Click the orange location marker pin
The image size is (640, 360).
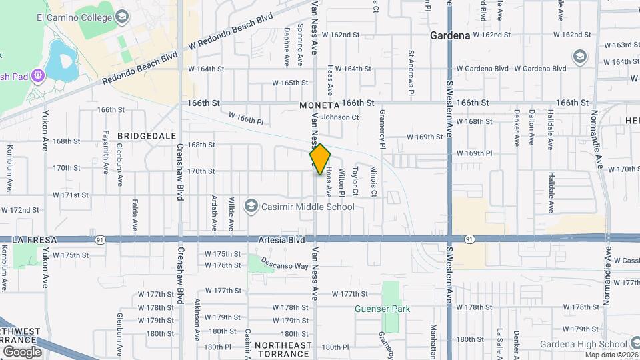[x=321, y=159]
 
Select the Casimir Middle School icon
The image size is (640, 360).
[x=251, y=207]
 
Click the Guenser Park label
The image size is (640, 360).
[x=383, y=309]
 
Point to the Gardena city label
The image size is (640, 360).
[x=450, y=35]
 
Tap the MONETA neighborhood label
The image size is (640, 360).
[x=319, y=105]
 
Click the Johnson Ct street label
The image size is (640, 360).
[x=340, y=117]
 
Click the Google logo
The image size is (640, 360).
[x=21, y=351]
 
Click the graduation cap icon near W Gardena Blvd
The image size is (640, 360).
[x=579, y=56]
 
